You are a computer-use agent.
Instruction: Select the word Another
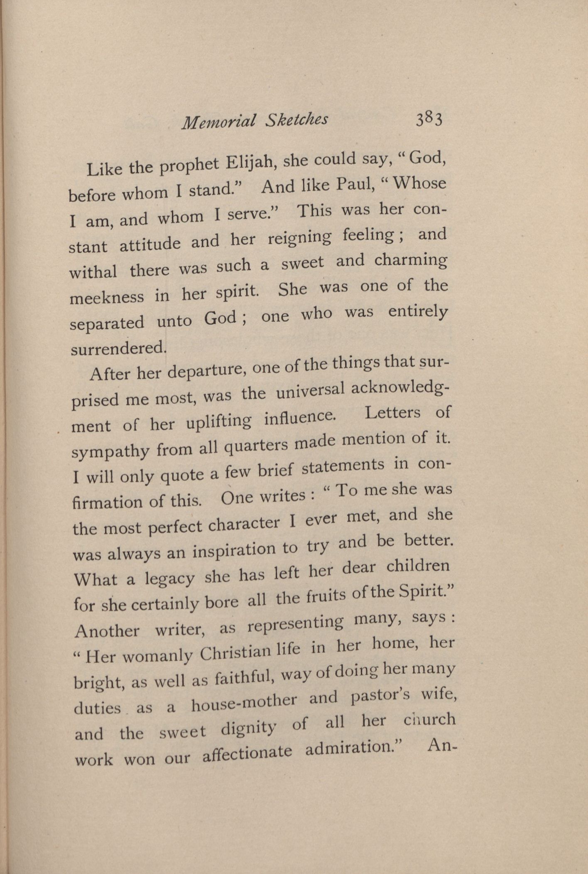click(107, 630)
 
